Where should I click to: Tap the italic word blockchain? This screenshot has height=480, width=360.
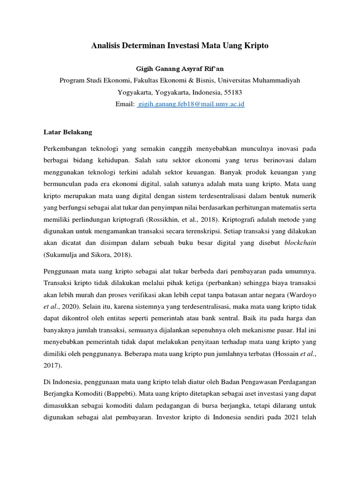click(300, 242)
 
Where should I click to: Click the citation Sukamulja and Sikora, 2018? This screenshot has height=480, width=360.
click(88, 255)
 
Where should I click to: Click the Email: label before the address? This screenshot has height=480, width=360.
click(125, 105)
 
